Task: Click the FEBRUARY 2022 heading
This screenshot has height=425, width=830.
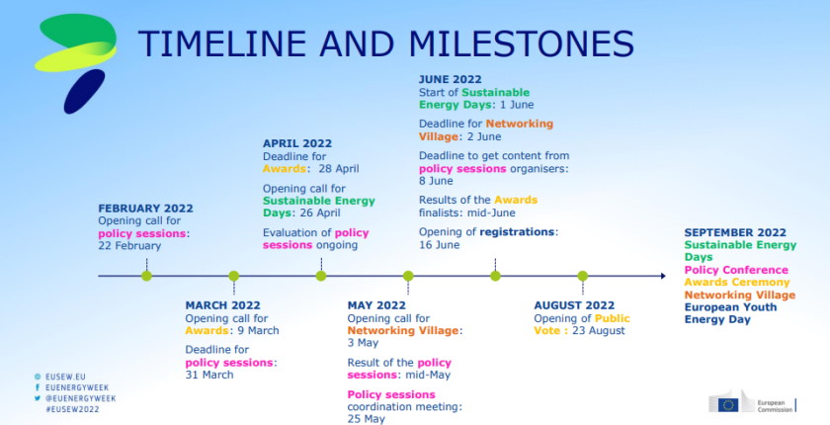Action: [145, 209]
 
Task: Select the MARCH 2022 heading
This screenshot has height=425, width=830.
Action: [222, 305]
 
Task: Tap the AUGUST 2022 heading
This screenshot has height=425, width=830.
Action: [573, 305]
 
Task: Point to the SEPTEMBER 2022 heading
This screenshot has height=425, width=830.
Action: [734, 232]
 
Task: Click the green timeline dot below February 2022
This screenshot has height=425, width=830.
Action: [146, 276]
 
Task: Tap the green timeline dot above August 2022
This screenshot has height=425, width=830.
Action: [582, 276]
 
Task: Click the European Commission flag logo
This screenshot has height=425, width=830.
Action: [728, 402]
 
